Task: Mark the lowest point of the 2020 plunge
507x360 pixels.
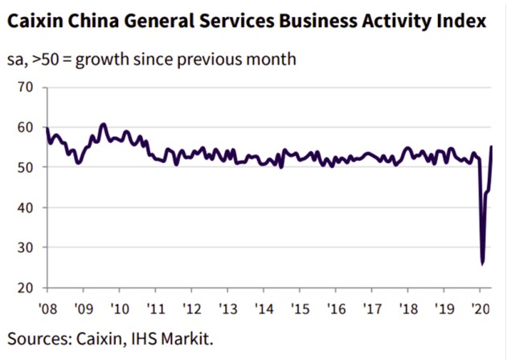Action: pyautogui.click(x=482, y=264)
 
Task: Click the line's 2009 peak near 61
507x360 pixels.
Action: pyautogui.click(x=103, y=125)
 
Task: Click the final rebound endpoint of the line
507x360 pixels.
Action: pyautogui.click(x=492, y=146)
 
